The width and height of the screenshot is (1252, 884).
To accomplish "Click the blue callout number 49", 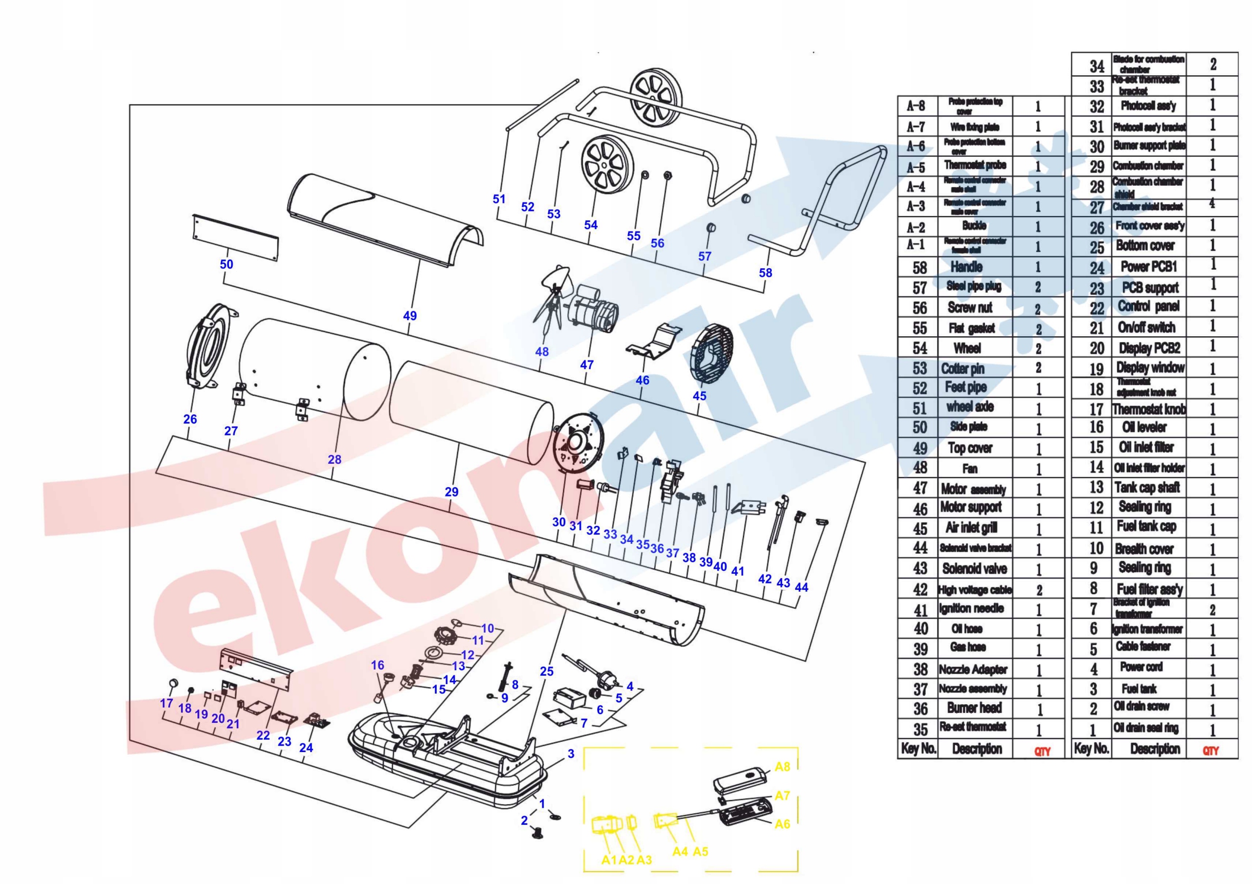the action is coord(409,316).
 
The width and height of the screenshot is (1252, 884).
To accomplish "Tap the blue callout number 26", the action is coord(190,419).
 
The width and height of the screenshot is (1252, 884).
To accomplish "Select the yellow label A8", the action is coord(782,767).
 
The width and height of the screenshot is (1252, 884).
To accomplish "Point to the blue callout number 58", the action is coord(765,273).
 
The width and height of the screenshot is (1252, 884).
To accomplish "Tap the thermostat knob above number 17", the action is coord(174,684).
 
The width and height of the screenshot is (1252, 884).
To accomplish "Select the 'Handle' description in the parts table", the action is coord(966,267).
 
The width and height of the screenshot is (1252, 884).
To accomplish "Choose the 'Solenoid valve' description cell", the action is coord(974,568).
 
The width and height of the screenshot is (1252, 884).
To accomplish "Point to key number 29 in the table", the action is coord(1096,166).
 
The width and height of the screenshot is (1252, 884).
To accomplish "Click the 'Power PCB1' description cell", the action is coord(1148,266).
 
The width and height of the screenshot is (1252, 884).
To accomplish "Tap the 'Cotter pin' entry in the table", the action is coord(962,368).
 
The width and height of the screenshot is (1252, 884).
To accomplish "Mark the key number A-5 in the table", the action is coord(916,167).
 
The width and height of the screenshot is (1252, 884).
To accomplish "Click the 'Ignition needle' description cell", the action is coord(971,608).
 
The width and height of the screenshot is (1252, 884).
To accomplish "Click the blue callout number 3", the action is coord(570,754).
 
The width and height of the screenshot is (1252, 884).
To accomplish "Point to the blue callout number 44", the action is coord(801,587).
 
